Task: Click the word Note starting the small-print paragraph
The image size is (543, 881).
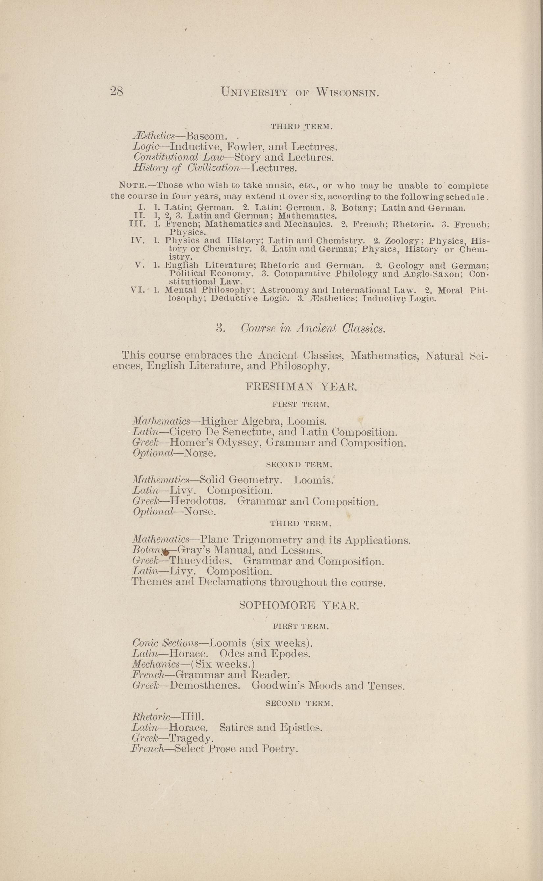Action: click(x=132, y=186)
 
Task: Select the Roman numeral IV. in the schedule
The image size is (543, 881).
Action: click(x=138, y=240)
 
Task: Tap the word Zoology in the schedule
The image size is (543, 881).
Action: click(x=404, y=240)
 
